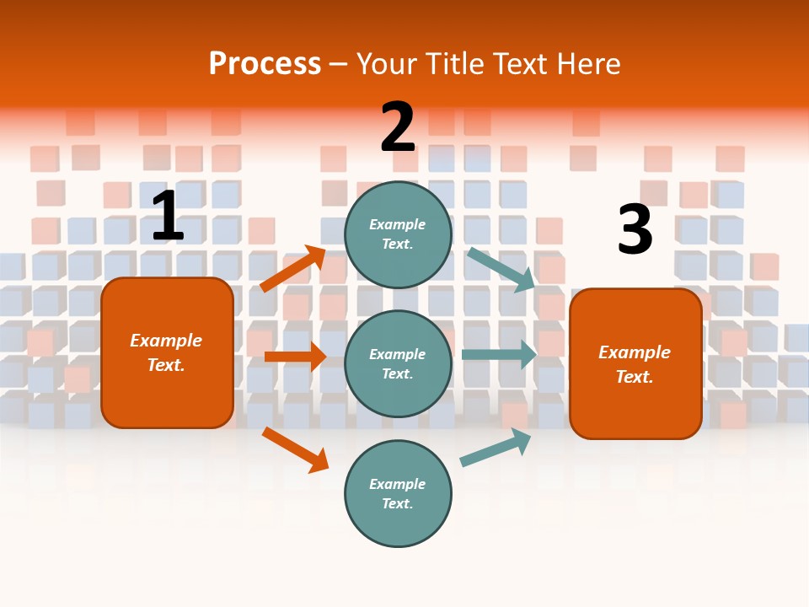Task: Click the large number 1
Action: click(x=168, y=217)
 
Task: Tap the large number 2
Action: click(x=398, y=127)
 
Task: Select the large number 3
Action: click(x=635, y=230)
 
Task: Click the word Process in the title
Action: click(x=265, y=63)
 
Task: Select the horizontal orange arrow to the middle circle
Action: click(x=295, y=357)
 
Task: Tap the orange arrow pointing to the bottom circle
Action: click(x=295, y=449)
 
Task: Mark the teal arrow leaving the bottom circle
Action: click(x=496, y=448)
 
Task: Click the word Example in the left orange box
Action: click(x=166, y=341)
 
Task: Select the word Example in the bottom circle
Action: click(x=398, y=484)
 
